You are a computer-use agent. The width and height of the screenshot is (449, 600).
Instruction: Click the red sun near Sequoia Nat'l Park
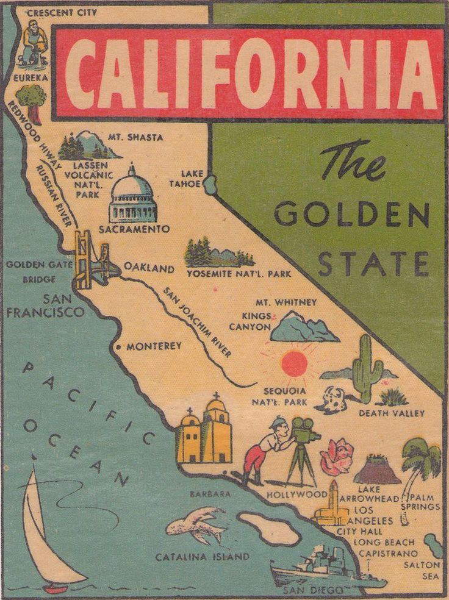(x=294, y=364)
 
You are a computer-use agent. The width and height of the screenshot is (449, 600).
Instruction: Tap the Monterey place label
(x=154, y=346)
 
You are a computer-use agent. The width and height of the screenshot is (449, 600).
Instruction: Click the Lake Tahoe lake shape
(x=210, y=184)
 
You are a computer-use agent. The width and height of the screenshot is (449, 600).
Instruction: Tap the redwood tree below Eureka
(x=31, y=101)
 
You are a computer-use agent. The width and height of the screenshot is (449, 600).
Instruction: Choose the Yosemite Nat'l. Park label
(x=239, y=274)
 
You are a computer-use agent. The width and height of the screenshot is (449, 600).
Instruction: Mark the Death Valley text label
(x=391, y=413)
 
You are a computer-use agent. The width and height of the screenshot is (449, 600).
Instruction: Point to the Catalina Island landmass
(x=268, y=528)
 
